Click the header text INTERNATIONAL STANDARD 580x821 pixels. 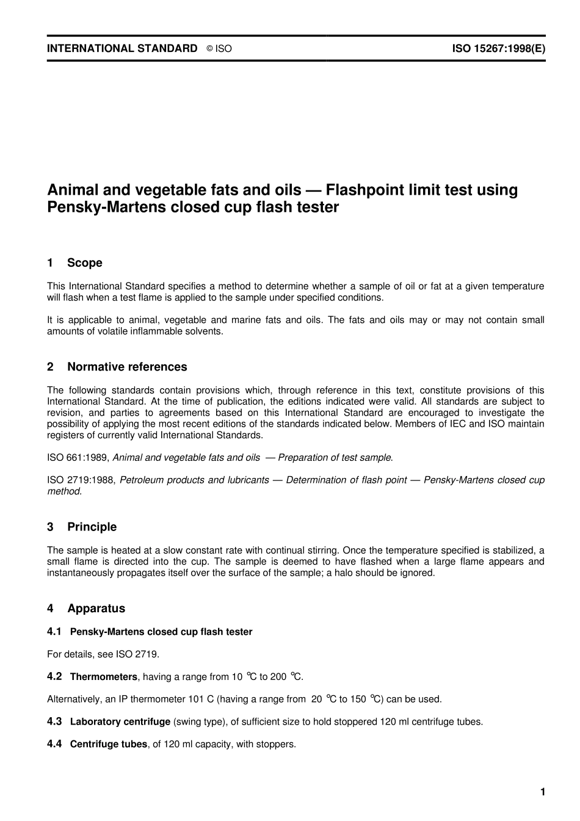pos(122,48)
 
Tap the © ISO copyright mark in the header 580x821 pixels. pos(219,49)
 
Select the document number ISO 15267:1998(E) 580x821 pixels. pos(498,48)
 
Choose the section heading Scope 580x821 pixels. pos(84,263)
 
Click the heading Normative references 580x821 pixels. pos(127,367)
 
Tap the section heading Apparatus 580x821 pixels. pos(96,609)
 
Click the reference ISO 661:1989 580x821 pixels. pos(78,457)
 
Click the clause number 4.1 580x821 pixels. pos(54,632)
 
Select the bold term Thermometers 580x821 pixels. pos(104,676)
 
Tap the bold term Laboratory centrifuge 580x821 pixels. pos(120,722)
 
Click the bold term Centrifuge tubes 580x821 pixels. pos(109,744)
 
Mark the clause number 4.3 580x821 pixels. pos(54,722)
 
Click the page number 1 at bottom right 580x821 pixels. pos(542,792)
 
